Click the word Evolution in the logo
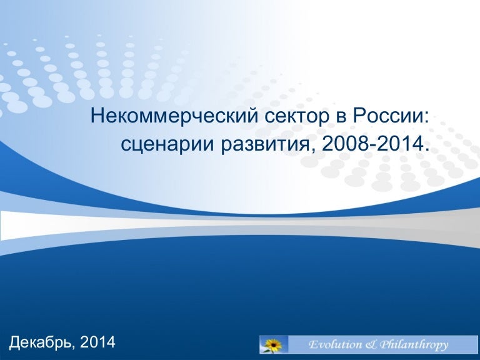[x=335, y=345]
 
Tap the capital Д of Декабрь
[x=15, y=342]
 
